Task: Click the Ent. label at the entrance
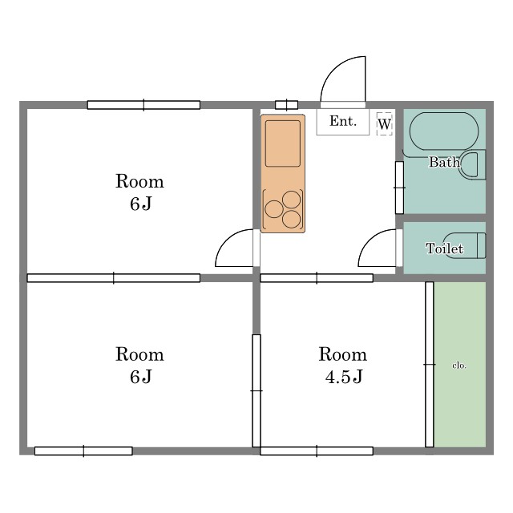click(x=342, y=121)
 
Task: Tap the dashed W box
click(x=385, y=123)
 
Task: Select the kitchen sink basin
click(x=283, y=143)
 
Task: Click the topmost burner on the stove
click(x=291, y=200)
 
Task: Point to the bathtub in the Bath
click(x=444, y=131)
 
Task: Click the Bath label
click(x=444, y=162)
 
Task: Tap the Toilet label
click(x=444, y=248)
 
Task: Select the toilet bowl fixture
click(x=465, y=246)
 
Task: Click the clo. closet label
click(x=459, y=366)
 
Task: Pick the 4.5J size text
click(x=344, y=377)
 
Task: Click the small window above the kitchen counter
click(x=287, y=105)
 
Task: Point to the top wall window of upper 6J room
click(x=143, y=105)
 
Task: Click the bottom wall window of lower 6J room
click(x=83, y=450)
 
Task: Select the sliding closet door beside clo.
click(x=430, y=365)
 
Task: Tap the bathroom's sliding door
click(x=399, y=188)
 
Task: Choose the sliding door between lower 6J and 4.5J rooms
click(x=256, y=390)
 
